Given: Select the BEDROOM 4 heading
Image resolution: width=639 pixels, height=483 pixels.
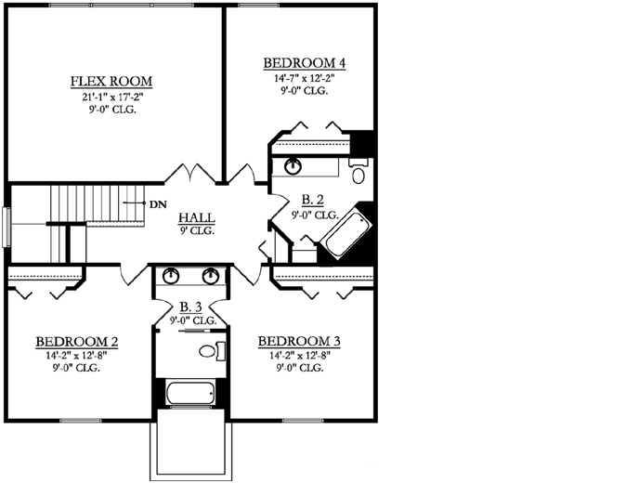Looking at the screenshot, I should [305, 63].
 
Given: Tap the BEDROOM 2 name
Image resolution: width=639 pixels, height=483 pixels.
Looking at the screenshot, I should [76, 341].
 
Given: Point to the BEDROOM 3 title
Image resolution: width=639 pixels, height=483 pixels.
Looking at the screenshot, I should [299, 341].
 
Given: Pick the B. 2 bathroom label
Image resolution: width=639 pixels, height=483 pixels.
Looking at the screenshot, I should [314, 200].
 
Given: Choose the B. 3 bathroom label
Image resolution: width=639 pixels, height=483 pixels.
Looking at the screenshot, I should [191, 307].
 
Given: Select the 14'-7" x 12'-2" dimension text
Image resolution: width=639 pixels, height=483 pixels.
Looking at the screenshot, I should [305, 79].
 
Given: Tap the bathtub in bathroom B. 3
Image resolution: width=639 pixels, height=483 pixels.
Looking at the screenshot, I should [191, 393].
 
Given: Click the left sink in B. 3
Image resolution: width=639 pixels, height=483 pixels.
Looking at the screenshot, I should [172, 276].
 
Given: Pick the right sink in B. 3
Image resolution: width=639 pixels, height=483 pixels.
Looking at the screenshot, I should [212, 276].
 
